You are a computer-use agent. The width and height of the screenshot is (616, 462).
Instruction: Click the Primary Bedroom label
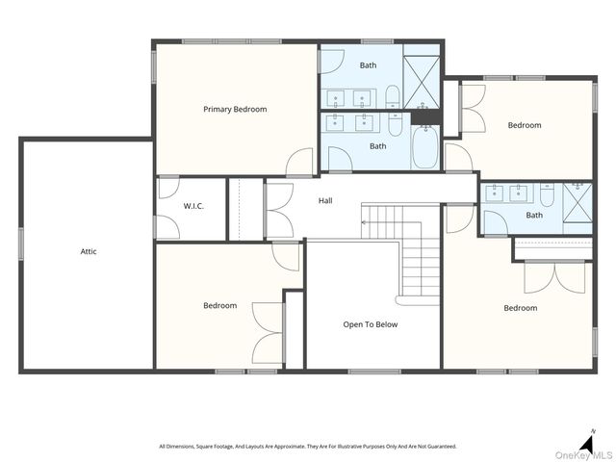235,109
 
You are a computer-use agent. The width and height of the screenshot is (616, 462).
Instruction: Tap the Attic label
89,251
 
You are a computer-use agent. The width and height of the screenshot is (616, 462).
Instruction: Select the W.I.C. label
193,206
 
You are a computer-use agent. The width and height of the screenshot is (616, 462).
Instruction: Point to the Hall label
325,201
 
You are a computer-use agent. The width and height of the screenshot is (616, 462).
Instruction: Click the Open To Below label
370,324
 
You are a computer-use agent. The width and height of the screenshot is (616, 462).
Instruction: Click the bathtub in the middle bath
425,147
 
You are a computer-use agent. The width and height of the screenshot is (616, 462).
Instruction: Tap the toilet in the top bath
393,96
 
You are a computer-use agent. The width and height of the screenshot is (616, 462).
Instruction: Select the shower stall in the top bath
422,83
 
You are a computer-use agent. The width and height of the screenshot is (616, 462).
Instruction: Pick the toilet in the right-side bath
547,194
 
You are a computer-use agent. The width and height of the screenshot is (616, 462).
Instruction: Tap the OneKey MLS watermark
583,455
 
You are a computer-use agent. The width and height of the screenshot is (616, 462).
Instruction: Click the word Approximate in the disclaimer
289,447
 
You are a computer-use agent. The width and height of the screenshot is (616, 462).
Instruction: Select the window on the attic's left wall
21,244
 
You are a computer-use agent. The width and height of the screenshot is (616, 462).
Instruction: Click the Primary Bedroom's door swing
299,162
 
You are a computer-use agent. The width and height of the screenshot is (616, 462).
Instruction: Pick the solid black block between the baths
425,117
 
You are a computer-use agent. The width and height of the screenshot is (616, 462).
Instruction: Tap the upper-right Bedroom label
525,125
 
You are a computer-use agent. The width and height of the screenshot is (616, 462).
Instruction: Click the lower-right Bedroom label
521,308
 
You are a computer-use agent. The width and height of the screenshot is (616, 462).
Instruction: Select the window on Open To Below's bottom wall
374,372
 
